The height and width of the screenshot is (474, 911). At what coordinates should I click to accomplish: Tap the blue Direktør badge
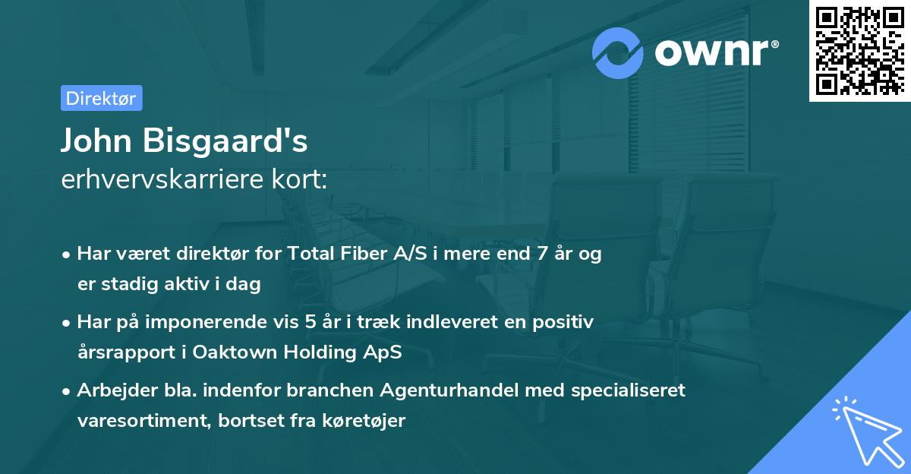101,98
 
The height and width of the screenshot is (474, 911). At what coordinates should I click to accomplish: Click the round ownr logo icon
618,52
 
